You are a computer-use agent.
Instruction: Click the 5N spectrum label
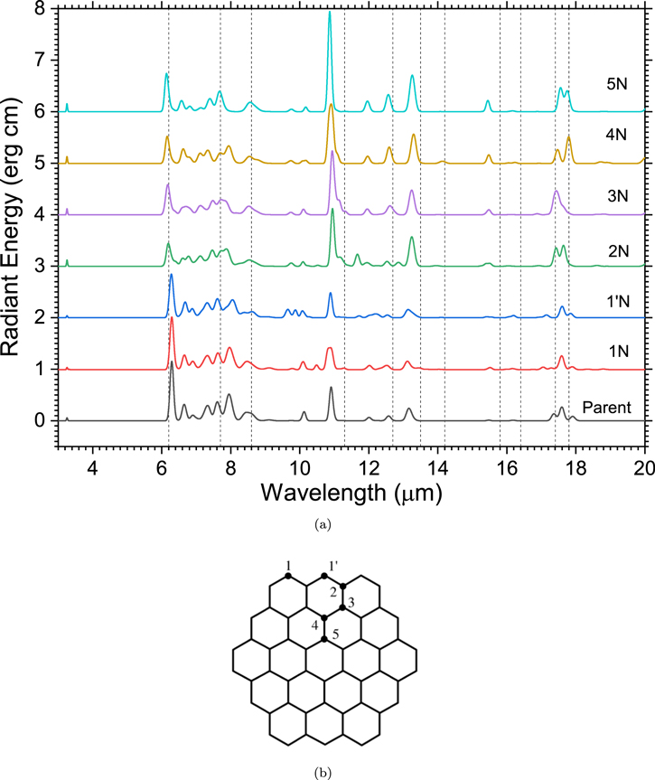click(617, 83)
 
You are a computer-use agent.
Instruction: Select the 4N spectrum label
click(616, 135)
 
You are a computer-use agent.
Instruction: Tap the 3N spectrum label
click(618, 196)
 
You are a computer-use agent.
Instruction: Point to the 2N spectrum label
click(618, 251)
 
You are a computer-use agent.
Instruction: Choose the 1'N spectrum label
click(618, 302)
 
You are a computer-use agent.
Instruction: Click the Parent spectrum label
click(607, 408)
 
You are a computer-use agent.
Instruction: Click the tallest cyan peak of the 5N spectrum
click(329, 12)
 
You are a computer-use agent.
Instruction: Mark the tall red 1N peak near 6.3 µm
click(172, 318)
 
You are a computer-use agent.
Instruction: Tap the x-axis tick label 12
click(368, 468)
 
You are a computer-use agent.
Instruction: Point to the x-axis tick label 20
click(644, 468)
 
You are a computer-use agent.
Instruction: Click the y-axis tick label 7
click(40, 61)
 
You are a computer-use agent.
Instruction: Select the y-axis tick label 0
click(40, 421)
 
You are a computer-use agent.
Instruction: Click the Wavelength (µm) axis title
click(351, 493)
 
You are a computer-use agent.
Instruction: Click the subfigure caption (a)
click(323, 524)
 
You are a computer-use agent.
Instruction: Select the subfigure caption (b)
click(323, 773)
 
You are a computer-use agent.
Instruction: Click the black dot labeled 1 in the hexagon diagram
click(288, 576)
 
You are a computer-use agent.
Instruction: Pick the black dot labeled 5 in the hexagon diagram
click(324, 639)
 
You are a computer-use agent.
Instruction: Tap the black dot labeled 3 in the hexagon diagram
click(342, 607)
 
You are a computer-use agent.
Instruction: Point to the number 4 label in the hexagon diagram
click(315, 625)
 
